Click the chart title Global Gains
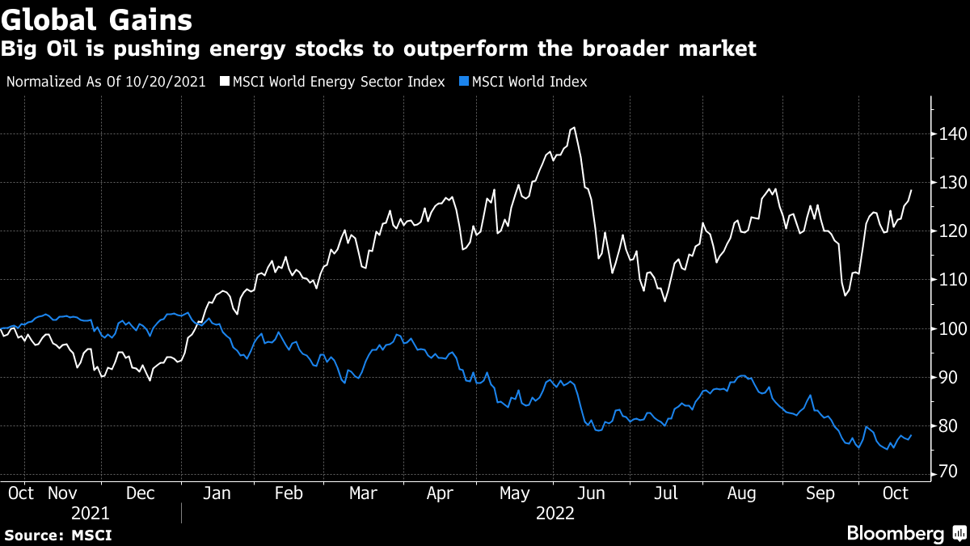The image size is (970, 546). tap(97, 19)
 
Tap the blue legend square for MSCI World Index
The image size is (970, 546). tap(464, 82)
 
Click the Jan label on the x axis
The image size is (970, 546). tap(217, 493)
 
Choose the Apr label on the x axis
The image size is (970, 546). tap(440, 493)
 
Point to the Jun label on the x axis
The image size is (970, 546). tap(590, 493)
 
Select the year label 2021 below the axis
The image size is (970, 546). tap(91, 513)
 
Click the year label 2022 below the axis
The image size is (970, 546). tap(555, 513)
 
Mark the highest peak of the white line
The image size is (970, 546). tap(573, 128)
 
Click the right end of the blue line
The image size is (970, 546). tap(912, 435)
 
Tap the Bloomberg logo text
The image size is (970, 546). tap(895, 533)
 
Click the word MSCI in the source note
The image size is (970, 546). tap(91, 535)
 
